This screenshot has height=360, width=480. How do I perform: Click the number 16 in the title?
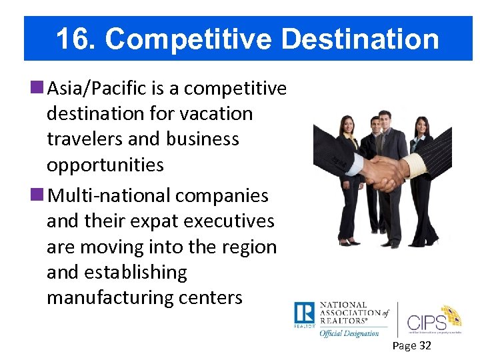(x=71, y=39)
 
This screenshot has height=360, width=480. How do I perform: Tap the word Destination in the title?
(x=360, y=39)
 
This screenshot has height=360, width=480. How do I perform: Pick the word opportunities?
(x=105, y=165)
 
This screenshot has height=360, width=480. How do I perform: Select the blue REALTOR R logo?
(x=304, y=313)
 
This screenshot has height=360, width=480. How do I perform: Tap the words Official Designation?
(x=349, y=333)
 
